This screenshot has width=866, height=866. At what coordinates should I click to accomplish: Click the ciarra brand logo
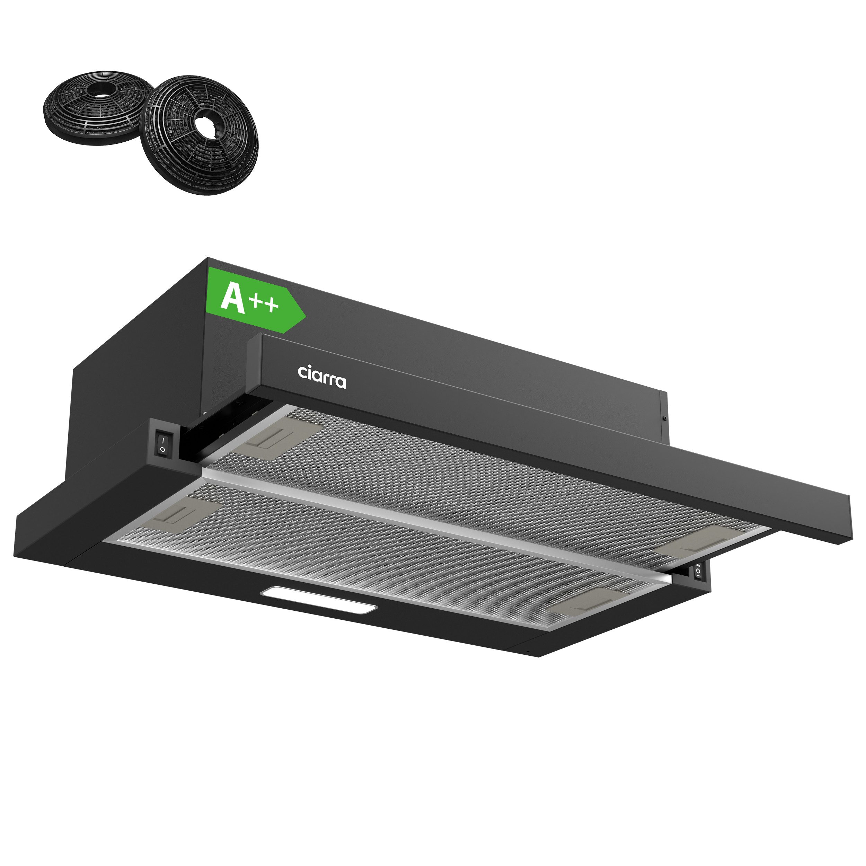pyautogui.click(x=322, y=377)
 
